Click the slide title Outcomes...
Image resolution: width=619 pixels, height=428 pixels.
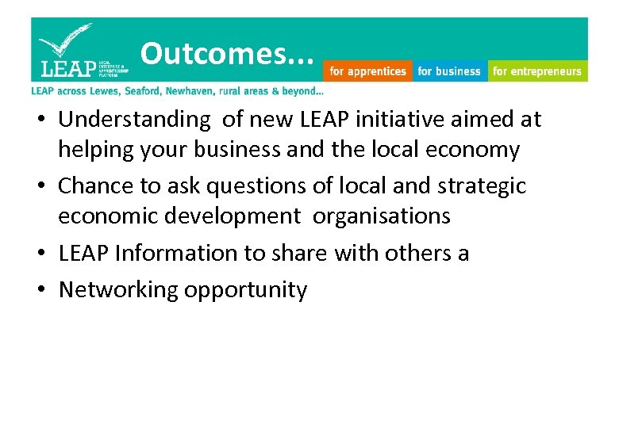tap(227, 54)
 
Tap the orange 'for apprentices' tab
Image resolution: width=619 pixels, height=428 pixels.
tap(367, 71)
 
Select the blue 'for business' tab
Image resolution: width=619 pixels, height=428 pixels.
tap(449, 71)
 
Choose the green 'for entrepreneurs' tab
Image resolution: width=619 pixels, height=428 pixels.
tap(537, 71)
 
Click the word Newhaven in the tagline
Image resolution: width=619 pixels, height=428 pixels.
tap(209, 91)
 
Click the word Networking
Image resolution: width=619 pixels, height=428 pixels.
tap(118, 290)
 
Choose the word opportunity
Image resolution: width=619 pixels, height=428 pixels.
tap(245, 290)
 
